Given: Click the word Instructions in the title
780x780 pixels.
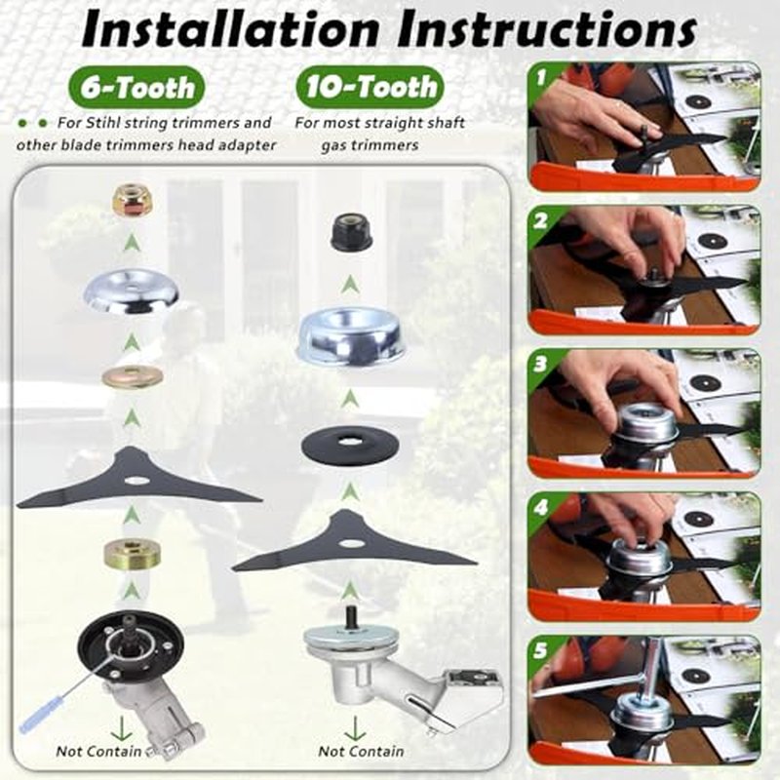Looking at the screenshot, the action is coord(547,31).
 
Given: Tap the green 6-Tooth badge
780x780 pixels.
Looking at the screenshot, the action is coord(136,88).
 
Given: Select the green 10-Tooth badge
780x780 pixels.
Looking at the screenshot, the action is coord(370,87).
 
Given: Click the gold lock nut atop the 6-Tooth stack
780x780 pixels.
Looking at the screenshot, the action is coord(131,202).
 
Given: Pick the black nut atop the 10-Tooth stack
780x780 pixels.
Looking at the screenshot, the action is coord(351,232).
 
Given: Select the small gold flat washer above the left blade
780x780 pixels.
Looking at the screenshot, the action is coord(132,376).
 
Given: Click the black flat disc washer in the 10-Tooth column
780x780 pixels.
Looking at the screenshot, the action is coord(351,444).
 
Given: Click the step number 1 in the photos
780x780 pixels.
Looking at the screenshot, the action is coord(542,77).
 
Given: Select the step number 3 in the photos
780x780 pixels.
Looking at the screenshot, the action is coord(540,365).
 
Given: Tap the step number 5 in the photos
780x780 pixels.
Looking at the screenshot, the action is coord(540,650).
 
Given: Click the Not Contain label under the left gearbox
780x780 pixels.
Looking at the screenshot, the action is coord(98,751).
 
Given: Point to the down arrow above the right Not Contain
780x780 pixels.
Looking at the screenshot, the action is coord(355,728).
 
